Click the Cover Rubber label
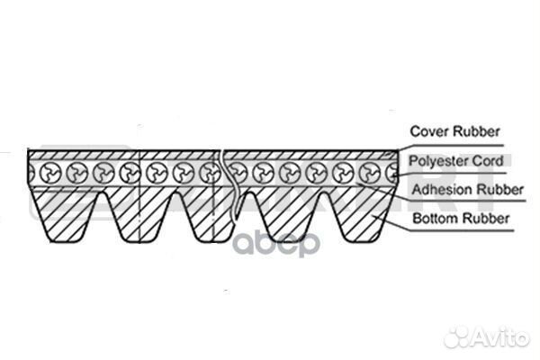(x=454, y=130)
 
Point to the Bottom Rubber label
(x=455, y=218)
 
